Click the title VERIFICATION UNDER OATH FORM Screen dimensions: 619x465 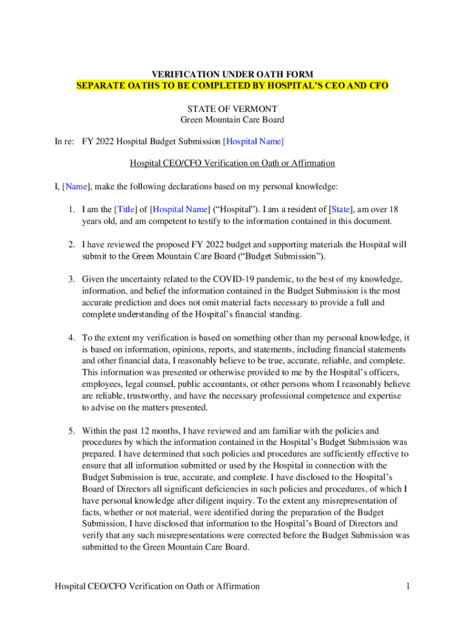[232, 74]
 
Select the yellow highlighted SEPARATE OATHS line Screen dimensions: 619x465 [232, 86]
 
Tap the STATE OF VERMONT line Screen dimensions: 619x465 [232, 109]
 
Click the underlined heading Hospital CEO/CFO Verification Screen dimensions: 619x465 [232, 163]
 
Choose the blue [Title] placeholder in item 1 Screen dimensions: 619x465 [125, 209]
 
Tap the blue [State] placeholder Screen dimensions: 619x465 [341, 209]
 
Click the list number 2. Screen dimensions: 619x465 [71, 245]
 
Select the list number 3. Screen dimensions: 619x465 [71, 279]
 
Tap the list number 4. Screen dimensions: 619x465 [71, 338]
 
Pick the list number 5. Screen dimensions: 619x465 [71, 431]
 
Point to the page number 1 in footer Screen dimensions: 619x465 [408, 586]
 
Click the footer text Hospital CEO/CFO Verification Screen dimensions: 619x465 [157, 586]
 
